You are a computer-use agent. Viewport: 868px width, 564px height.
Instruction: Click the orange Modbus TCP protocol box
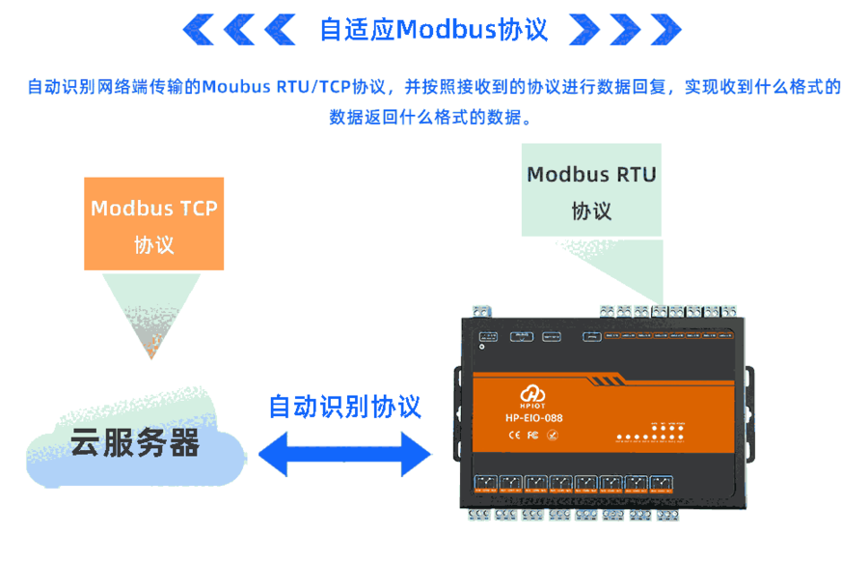tap(153, 223)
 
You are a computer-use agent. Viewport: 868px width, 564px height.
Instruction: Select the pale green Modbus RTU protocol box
tap(591, 190)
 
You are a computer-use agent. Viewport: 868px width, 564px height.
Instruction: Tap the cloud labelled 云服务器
tap(134, 442)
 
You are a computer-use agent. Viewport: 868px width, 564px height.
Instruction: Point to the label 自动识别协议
tap(344, 406)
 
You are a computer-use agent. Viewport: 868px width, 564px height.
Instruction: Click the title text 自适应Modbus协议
tap(433, 30)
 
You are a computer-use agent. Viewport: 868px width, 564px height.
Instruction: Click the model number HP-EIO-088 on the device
tap(533, 418)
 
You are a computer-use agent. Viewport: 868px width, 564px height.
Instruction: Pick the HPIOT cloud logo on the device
tap(533, 397)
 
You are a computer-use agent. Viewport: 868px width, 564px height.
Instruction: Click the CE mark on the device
tap(514, 435)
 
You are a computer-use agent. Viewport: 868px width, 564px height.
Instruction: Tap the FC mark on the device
tap(531, 435)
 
